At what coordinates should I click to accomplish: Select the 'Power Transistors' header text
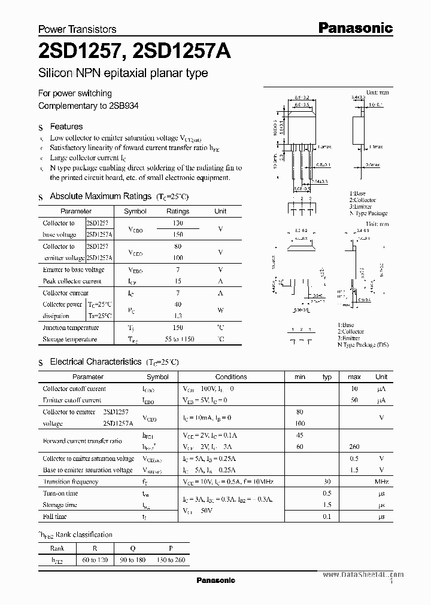[x=77, y=29]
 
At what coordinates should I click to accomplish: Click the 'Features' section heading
[x=66, y=127]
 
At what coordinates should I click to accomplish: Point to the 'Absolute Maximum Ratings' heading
[x=100, y=196]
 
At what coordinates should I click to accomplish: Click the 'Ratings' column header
[x=177, y=211]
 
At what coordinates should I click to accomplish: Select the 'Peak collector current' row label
[x=72, y=281]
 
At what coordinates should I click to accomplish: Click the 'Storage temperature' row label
[x=69, y=339]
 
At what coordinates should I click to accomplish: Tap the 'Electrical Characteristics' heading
[x=95, y=362]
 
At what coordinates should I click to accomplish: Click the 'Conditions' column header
[x=231, y=377]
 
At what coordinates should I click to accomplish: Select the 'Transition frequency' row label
[x=70, y=481]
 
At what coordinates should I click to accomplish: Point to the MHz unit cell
[x=381, y=481]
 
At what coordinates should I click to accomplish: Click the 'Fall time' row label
[x=54, y=516]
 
